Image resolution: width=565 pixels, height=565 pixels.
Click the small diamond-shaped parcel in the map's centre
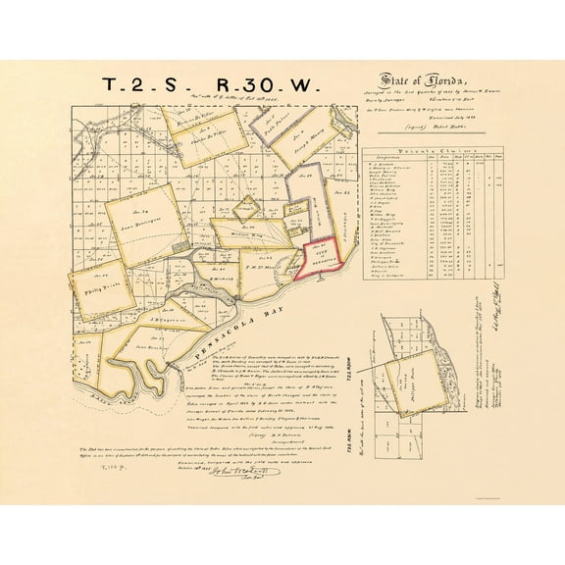[249, 207]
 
